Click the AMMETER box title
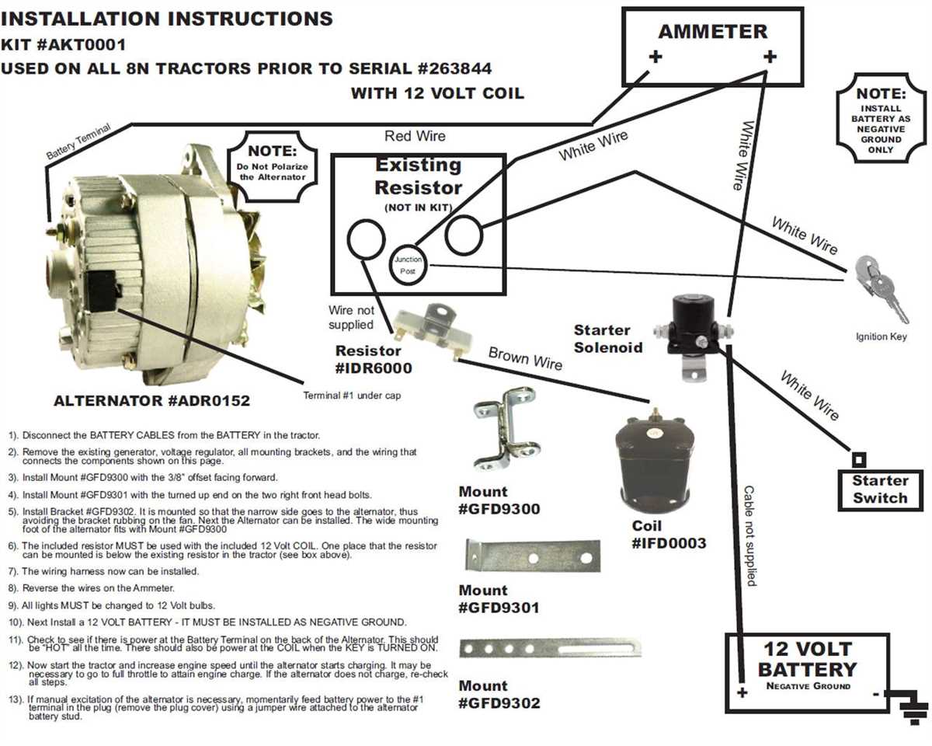(x=712, y=33)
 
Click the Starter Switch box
(x=879, y=490)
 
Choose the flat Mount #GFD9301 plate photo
(x=533, y=556)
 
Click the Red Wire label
(x=416, y=137)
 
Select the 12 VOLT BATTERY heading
(x=808, y=660)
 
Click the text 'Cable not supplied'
(x=749, y=536)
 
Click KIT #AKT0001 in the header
(x=64, y=44)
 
